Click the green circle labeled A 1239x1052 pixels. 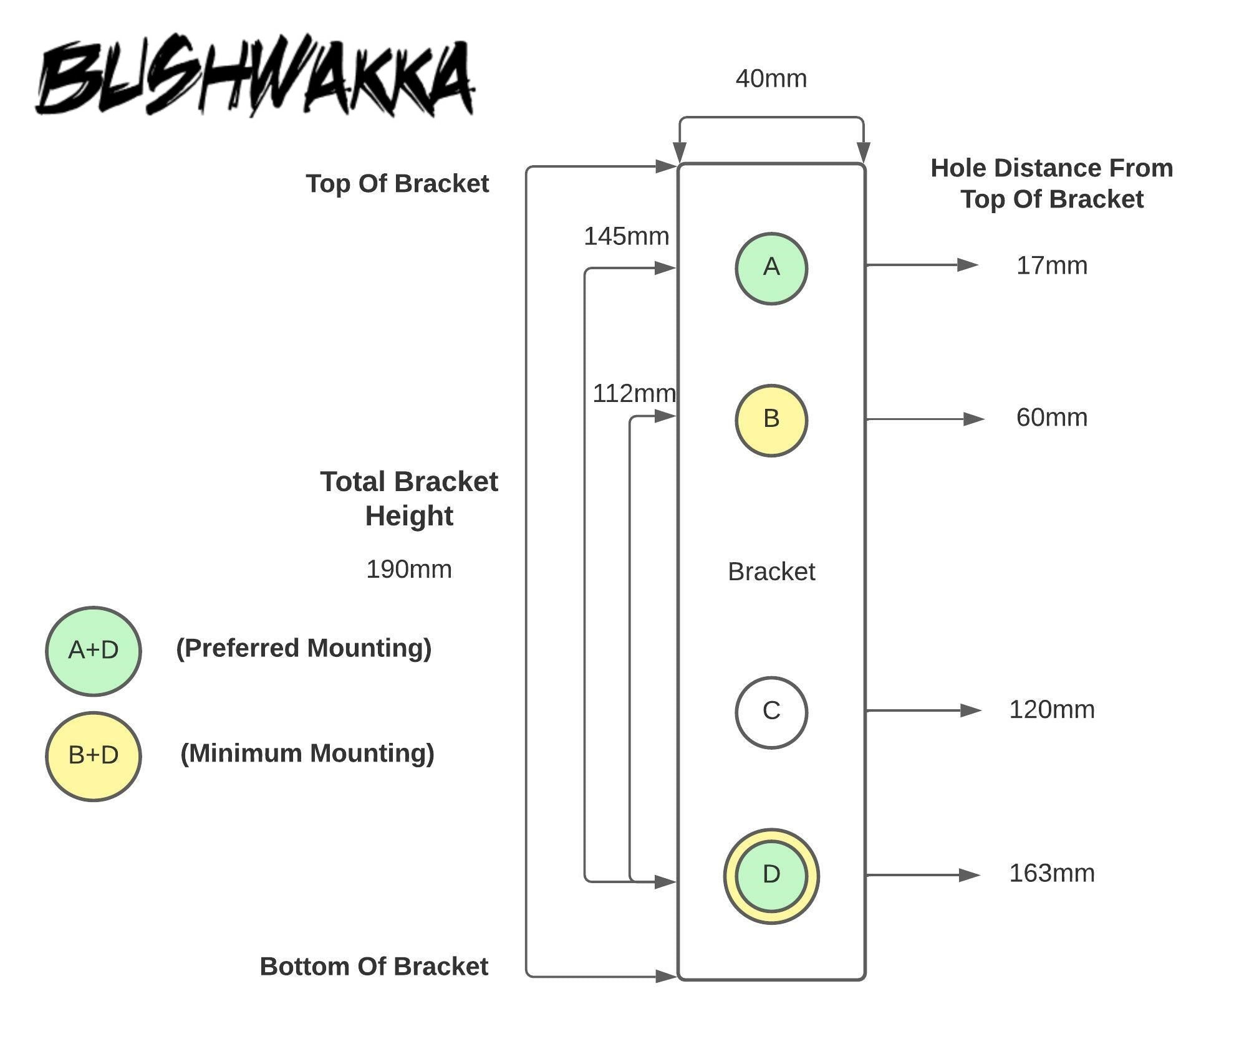(771, 268)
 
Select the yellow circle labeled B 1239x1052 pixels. (771, 420)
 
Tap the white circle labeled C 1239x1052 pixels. (771, 712)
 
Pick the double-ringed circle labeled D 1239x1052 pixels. (771, 876)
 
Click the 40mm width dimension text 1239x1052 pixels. (771, 79)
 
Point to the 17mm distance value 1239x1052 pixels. (1051, 266)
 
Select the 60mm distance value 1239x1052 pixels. (1051, 418)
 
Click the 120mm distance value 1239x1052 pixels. (1051, 710)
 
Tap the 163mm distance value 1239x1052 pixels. (1051, 874)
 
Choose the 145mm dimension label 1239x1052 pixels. (626, 237)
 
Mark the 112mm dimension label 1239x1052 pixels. (634, 394)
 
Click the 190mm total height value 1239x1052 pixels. (408, 570)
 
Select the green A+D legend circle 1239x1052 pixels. (94, 651)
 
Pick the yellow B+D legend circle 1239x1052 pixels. (94, 756)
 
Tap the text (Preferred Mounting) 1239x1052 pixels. (304, 649)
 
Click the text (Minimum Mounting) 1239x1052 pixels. (307, 754)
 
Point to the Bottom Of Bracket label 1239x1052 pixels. (374, 967)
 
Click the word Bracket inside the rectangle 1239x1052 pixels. (771, 572)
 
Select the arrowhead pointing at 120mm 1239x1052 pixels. (970, 710)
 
